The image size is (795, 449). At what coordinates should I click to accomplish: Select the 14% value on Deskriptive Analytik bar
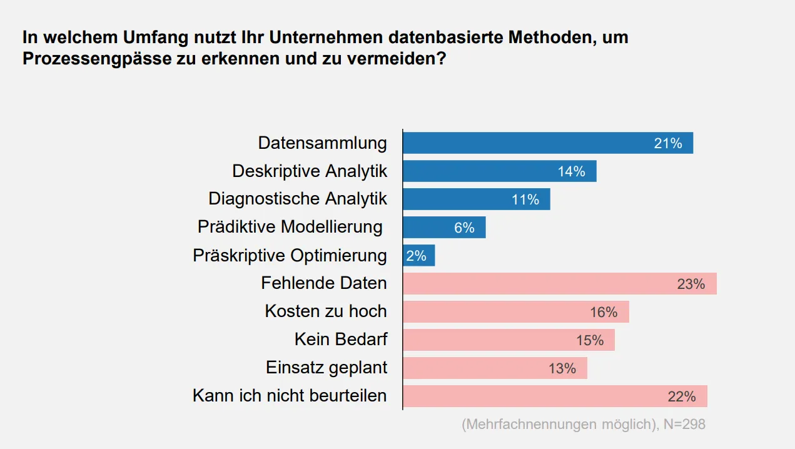tap(571, 171)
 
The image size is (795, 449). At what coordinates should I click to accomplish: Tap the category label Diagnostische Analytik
tap(298, 199)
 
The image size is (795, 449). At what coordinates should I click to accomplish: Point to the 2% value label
tap(416, 256)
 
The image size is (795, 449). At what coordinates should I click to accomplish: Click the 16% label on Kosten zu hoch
tap(604, 312)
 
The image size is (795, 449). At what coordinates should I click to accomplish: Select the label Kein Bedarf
tap(341, 340)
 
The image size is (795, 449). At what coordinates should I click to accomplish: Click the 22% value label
tap(681, 396)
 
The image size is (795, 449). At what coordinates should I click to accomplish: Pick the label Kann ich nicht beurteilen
tap(290, 396)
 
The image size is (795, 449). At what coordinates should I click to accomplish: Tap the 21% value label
tap(668, 143)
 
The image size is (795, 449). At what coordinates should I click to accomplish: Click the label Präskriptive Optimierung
tap(290, 255)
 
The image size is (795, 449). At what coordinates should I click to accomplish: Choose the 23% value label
tap(691, 284)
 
